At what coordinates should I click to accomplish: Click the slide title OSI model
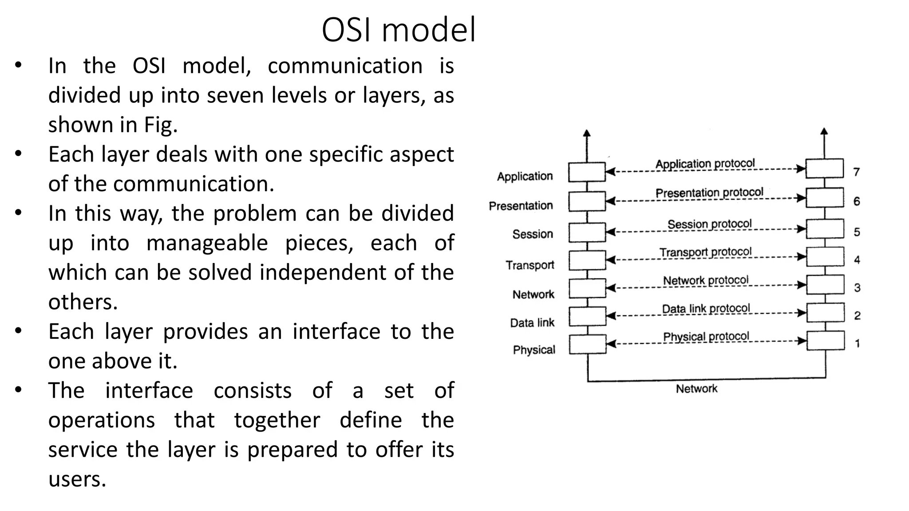[x=398, y=30]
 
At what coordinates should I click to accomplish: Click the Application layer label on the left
[x=525, y=177]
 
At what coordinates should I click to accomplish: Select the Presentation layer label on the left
[x=521, y=206]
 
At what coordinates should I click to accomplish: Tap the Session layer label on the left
[x=533, y=234]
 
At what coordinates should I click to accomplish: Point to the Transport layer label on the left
[x=530, y=265]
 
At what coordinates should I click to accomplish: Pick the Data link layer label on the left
[x=532, y=323]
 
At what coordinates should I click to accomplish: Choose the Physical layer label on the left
[x=534, y=350]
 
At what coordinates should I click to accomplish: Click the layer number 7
[x=857, y=172]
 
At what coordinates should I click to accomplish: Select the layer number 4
[x=857, y=260]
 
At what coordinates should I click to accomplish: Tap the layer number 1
[x=858, y=343]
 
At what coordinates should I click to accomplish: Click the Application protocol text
[x=705, y=164]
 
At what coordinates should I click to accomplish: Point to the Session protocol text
[x=709, y=224]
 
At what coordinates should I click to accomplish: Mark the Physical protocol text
[x=706, y=337]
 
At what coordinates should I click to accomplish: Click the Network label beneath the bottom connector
[x=696, y=389]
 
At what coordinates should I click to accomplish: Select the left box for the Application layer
[x=587, y=172]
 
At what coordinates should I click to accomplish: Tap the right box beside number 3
[x=825, y=285]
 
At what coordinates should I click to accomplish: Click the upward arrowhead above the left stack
[x=587, y=133]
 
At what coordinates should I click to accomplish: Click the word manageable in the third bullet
[x=207, y=243]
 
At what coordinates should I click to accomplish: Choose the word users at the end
[x=77, y=479]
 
